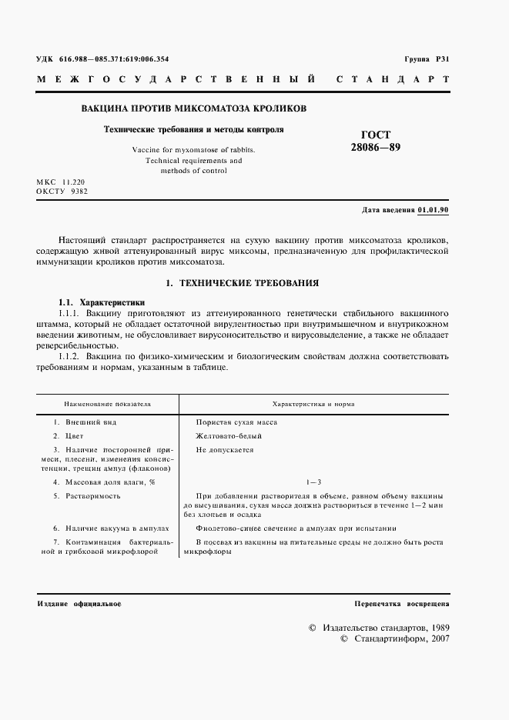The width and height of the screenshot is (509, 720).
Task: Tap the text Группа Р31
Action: [427, 59]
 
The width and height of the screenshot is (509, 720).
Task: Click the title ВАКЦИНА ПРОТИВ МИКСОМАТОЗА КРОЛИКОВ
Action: [193, 108]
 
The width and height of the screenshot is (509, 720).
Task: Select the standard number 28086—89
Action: [375, 146]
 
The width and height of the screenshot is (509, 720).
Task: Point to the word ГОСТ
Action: [375, 134]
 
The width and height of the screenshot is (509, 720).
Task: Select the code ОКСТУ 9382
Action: [62, 192]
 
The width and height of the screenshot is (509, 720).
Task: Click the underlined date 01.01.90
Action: [434, 210]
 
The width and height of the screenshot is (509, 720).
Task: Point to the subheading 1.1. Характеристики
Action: [102, 303]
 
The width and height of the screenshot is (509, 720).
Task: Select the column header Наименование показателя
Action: [108, 403]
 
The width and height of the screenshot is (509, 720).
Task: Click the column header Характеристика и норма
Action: [313, 403]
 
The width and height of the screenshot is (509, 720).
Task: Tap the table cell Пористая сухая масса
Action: [236, 422]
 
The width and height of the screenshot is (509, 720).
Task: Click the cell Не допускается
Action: [224, 450]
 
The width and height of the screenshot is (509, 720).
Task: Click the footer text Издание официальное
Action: [80, 605]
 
